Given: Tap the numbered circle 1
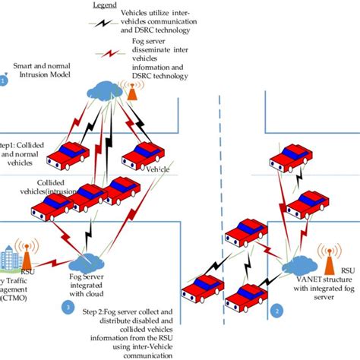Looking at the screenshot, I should pos(4,80).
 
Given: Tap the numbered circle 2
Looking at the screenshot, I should pos(278,311).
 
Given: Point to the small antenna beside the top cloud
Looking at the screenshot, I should pos(131,90).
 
